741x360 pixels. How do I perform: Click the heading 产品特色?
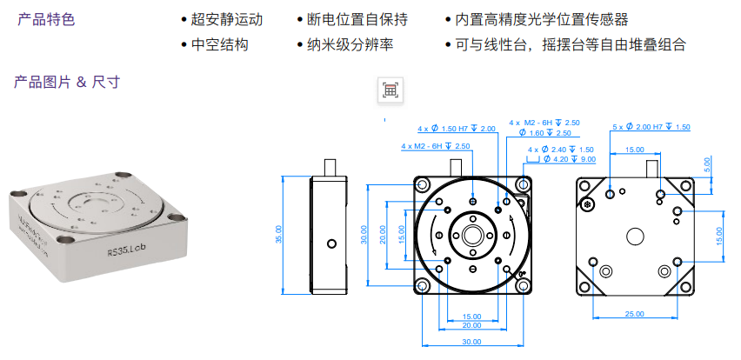46,18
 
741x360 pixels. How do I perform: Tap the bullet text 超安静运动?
226,19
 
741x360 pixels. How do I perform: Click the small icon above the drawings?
391,90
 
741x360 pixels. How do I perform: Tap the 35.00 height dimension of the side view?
279,234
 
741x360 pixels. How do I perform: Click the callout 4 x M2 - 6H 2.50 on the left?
436,146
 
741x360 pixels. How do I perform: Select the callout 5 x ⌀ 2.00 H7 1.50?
651,127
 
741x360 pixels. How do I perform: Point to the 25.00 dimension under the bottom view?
634,314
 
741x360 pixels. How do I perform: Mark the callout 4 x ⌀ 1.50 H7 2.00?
457,129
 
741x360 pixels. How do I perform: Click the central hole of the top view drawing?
472,235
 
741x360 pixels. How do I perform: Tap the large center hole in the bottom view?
634,235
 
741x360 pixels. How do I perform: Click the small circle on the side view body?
330,243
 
